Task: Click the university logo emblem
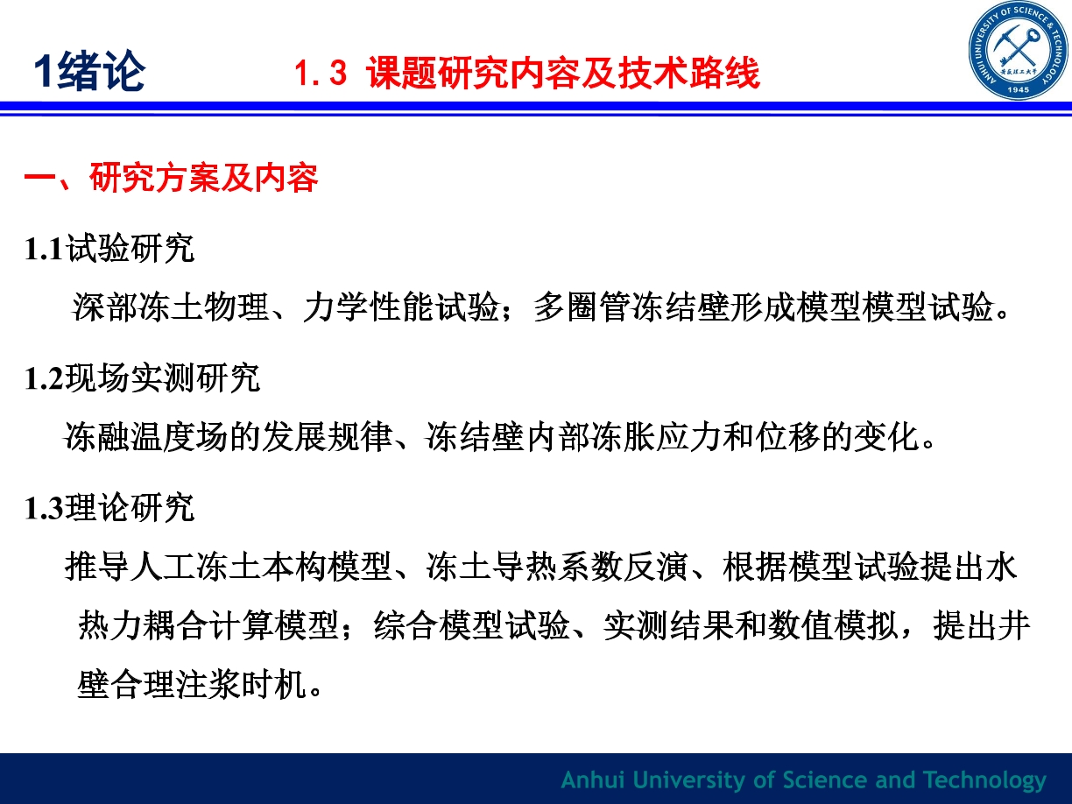point(1019,50)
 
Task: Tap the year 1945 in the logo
point(1019,90)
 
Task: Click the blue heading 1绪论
point(90,72)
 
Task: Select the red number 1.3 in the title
point(321,73)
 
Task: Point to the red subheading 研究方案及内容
point(204,177)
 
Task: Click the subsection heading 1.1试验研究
point(109,249)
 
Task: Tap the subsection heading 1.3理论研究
point(109,508)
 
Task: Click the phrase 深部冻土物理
point(171,307)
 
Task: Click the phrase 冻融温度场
point(145,436)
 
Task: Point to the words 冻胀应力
point(656,436)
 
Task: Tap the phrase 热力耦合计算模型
point(208,625)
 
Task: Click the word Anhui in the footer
point(593,779)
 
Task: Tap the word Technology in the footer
point(985,781)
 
